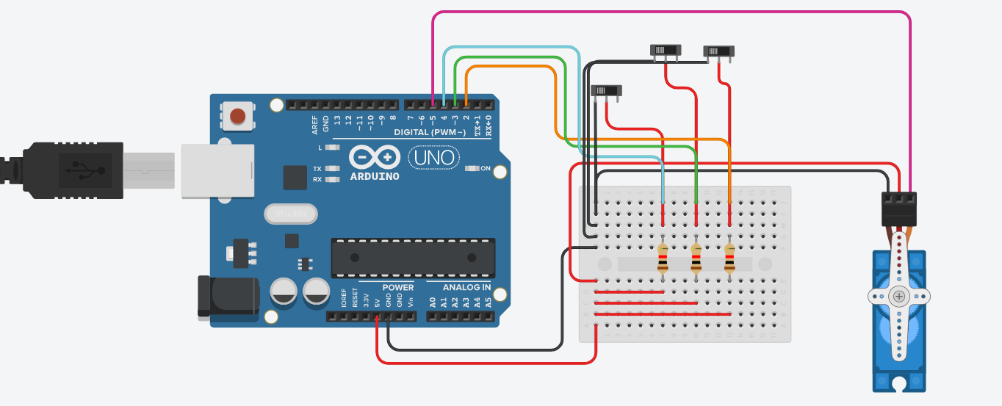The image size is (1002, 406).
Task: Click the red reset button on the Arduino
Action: [x=237, y=116]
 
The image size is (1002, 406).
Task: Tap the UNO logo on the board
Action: [x=433, y=157]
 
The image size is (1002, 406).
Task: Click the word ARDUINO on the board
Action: [x=375, y=176]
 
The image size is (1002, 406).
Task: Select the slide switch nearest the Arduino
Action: [x=606, y=90]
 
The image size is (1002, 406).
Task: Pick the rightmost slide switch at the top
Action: [x=718, y=51]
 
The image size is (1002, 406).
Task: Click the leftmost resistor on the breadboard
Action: [x=663, y=258]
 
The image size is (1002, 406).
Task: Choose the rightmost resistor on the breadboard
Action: [x=729, y=258]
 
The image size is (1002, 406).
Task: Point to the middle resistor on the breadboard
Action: [x=696, y=258]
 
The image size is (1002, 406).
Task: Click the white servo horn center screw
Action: [x=899, y=297]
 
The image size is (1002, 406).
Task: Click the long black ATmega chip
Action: [x=413, y=258]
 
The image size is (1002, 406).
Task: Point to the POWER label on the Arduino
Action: [x=397, y=287]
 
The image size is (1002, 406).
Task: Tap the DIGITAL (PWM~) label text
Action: [x=430, y=132]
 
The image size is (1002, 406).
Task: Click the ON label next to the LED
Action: [x=486, y=168]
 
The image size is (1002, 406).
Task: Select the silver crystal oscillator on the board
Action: [x=291, y=214]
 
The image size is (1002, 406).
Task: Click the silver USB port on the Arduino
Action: [x=217, y=170]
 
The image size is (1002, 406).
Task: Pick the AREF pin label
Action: [x=315, y=124]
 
